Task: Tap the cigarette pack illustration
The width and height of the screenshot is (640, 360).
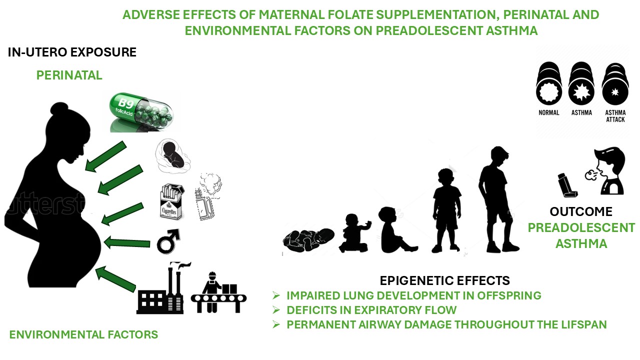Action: point(171,201)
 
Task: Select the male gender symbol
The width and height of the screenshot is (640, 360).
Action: point(168,241)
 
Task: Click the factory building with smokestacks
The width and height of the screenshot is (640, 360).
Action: point(161,288)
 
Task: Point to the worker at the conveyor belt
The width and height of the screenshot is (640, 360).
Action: point(218,292)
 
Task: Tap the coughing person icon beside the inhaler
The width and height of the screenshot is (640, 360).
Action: point(605,171)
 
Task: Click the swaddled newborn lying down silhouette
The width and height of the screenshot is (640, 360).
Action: point(308,240)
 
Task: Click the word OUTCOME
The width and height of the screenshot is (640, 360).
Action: point(581,211)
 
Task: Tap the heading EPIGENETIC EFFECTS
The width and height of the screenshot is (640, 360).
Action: point(444,280)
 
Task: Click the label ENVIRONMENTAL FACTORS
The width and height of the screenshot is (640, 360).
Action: point(83,334)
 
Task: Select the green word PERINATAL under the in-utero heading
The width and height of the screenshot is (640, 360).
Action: point(69,75)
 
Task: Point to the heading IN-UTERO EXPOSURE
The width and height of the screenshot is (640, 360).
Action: point(72,52)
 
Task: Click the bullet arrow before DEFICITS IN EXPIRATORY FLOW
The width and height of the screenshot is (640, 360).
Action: point(276,310)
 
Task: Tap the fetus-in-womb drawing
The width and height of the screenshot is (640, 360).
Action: point(172,155)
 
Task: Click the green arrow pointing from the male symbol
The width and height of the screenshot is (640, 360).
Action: point(127,243)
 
